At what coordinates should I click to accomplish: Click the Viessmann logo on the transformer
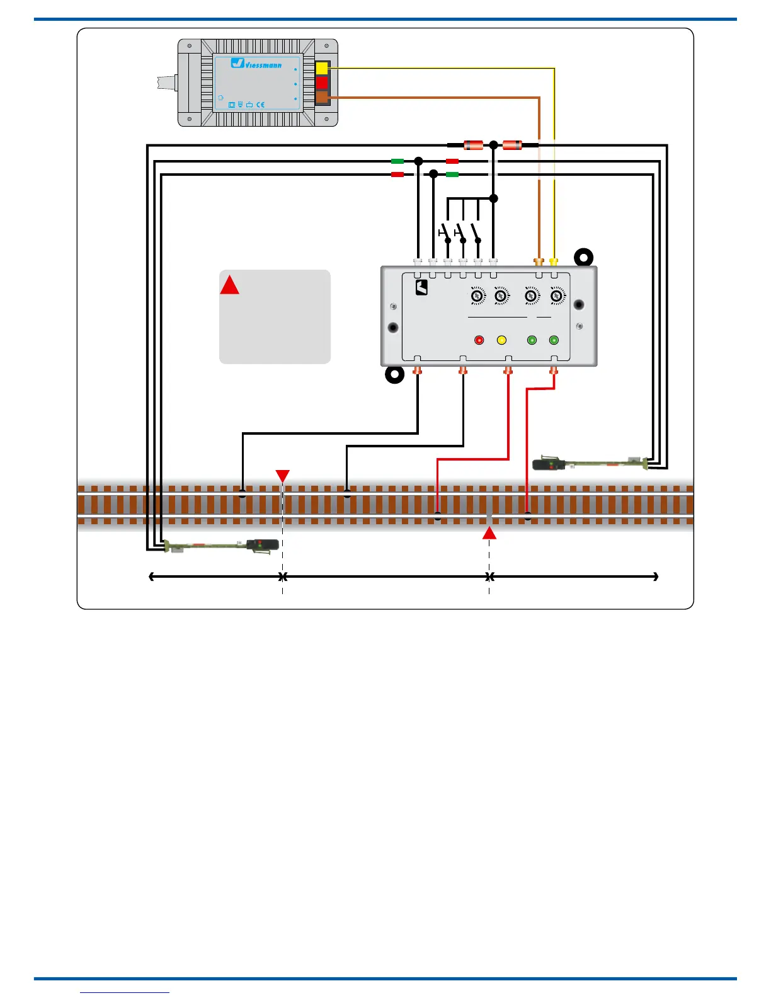pyautogui.click(x=256, y=63)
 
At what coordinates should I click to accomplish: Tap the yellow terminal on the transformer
pyautogui.click(x=322, y=68)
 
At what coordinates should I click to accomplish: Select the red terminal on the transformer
pyautogui.click(x=322, y=83)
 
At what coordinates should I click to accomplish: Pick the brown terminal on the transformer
pyautogui.click(x=322, y=97)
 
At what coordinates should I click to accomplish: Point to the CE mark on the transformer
pyautogui.click(x=260, y=105)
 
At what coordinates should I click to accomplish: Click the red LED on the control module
pyautogui.click(x=479, y=340)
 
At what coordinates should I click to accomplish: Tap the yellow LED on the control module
pyautogui.click(x=501, y=340)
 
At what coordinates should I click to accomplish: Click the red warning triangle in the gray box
pyautogui.click(x=229, y=285)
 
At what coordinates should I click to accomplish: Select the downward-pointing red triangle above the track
pyautogui.click(x=283, y=476)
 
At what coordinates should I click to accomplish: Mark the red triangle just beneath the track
pyautogui.click(x=489, y=533)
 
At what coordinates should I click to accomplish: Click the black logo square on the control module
pyautogui.click(x=421, y=288)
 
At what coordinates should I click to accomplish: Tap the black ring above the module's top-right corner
pyautogui.click(x=584, y=257)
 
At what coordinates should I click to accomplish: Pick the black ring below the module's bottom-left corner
pyautogui.click(x=394, y=375)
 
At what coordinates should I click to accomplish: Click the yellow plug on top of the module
pyautogui.click(x=554, y=261)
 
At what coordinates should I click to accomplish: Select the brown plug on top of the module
pyautogui.click(x=539, y=261)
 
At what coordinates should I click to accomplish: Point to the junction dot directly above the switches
pyautogui.click(x=494, y=198)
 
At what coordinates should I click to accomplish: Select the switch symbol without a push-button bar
pyautogui.click(x=477, y=232)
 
